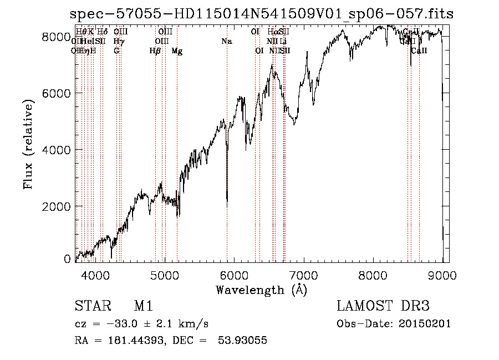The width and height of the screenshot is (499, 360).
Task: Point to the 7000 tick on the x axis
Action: coord(303,275)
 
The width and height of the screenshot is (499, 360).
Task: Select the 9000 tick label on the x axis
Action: coord(442,275)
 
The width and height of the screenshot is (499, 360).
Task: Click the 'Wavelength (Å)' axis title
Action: coord(261,290)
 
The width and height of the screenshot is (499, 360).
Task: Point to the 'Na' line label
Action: coord(226,41)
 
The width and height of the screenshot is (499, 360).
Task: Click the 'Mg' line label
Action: coord(177,50)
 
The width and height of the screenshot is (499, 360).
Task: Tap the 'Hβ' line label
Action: coord(155,50)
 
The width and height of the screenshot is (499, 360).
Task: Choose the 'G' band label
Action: coord(116,50)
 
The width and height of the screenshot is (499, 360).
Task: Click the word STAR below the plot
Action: coord(89,306)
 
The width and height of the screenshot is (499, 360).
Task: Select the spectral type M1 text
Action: coord(143,306)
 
